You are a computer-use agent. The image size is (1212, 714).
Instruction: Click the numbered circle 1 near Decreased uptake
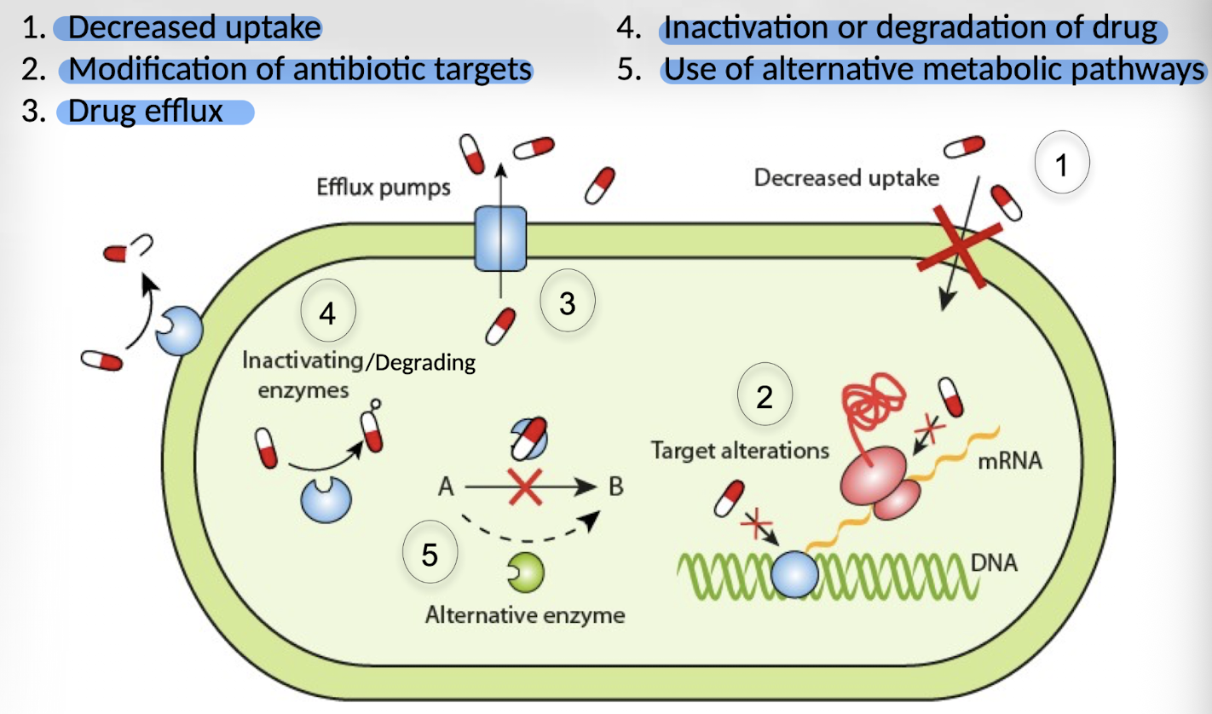coord(1061,166)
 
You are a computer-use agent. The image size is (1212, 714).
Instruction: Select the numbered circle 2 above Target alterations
coord(765,396)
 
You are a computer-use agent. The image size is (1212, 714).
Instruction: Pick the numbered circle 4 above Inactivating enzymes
coord(328,313)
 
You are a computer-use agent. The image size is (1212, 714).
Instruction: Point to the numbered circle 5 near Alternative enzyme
coord(430,556)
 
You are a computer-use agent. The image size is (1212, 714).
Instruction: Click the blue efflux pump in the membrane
coord(500,236)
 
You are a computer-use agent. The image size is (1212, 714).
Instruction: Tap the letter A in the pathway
coord(444,488)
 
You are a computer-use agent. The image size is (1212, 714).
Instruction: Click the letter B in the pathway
coord(615,488)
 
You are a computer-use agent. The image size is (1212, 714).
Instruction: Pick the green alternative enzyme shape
coord(526,573)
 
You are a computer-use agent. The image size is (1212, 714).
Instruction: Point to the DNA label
coord(995,563)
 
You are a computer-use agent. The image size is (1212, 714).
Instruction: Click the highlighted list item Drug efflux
coord(146,112)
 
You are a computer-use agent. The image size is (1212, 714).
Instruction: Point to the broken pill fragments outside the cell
coord(128,249)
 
